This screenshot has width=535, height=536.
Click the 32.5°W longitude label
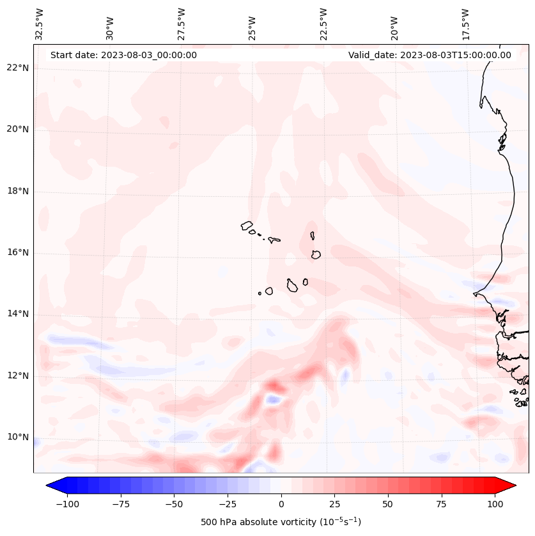[40, 24]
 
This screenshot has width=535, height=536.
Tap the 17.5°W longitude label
[465, 24]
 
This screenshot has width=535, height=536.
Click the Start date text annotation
[123, 55]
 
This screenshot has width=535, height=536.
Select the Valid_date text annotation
[430, 55]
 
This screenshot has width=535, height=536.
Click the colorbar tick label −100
[67, 504]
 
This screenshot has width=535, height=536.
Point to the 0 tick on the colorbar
[281, 504]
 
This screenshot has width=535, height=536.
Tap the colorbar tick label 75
[442, 504]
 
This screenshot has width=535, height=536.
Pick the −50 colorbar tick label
[174, 504]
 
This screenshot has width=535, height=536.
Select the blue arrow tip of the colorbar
[52, 485]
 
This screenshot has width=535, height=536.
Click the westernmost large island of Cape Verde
[247, 225]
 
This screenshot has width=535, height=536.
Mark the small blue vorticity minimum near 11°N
[274, 399]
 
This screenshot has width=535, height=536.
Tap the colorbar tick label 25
[334, 504]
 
